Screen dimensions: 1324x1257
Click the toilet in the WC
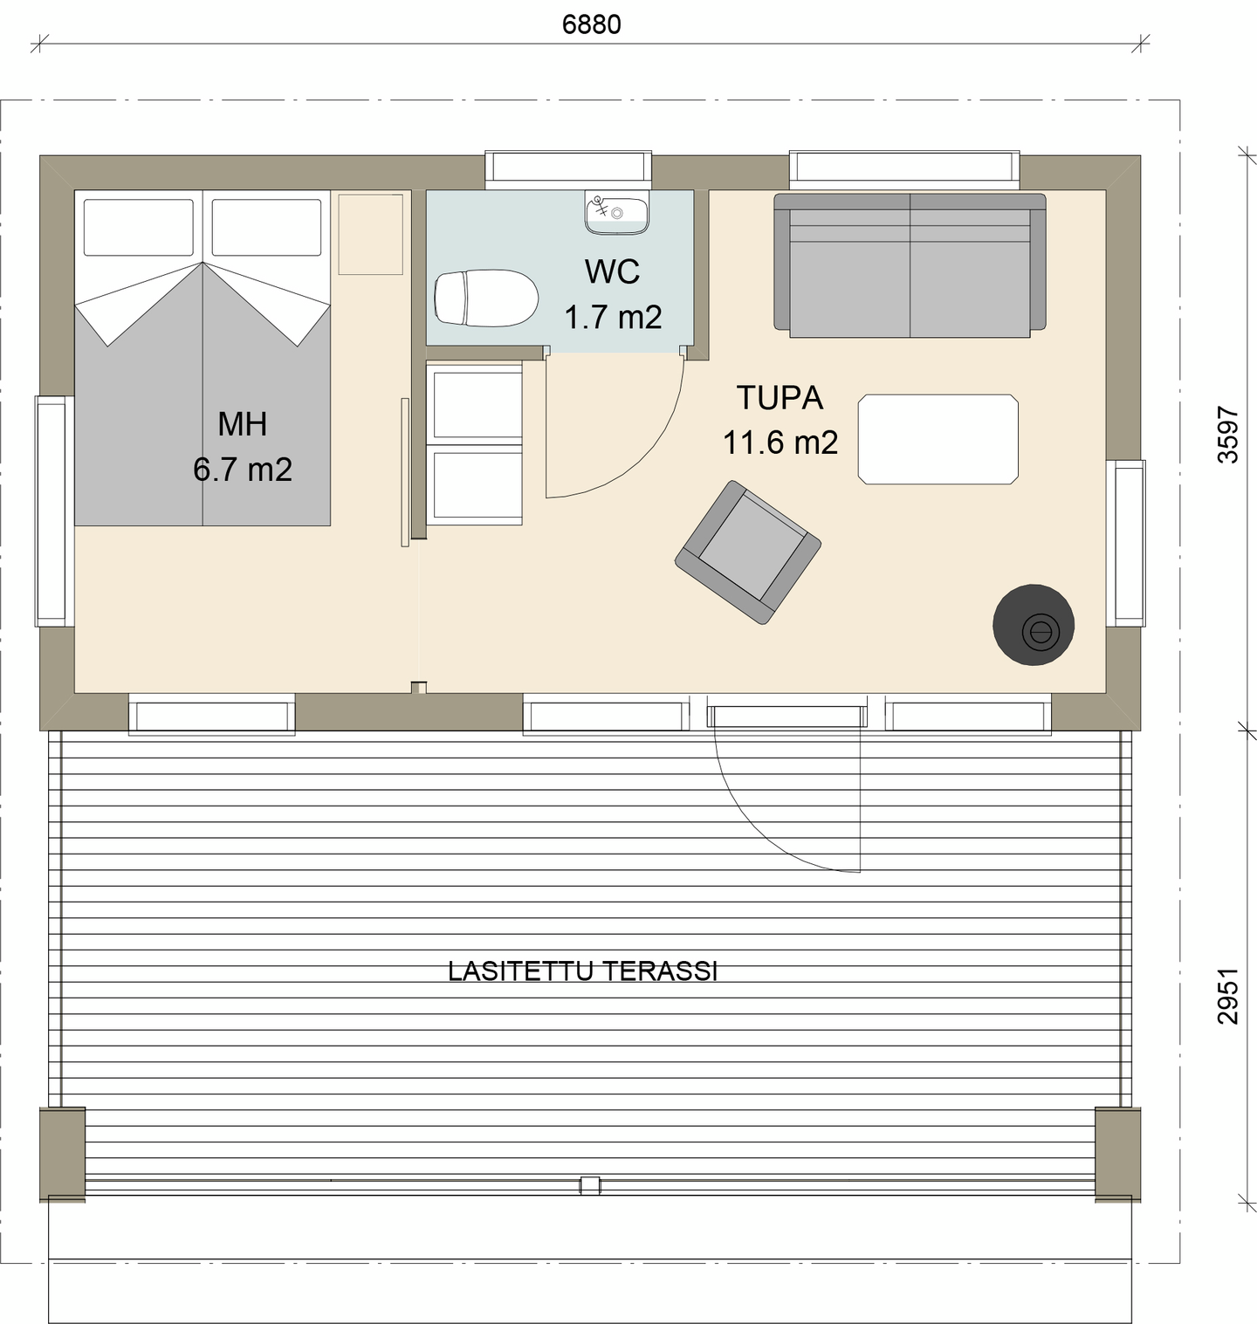tap(485, 298)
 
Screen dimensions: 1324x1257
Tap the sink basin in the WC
tap(616, 212)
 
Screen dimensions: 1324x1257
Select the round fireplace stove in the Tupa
tap(1034, 625)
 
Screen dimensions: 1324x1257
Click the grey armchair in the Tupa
tap(748, 552)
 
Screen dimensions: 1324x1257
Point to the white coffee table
tap(938, 439)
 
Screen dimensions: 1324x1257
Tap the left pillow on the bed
tap(139, 227)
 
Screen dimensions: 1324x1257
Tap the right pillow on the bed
tap(266, 227)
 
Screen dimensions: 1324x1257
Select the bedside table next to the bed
tap(370, 234)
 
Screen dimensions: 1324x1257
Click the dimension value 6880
tap(591, 24)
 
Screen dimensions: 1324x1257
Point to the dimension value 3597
tap(1227, 435)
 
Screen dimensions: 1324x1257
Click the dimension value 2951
tap(1227, 995)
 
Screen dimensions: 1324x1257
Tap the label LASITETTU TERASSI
tap(582, 971)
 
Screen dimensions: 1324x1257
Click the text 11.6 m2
tap(780, 442)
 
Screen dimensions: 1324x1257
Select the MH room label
tap(242, 424)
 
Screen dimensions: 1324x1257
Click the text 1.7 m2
tap(613, 317)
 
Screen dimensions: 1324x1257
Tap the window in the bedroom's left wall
tap(52, 511)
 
